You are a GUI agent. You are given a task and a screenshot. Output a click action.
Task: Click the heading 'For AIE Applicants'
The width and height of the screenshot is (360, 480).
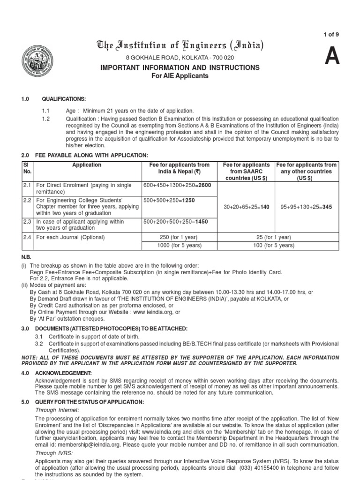pos(180,76)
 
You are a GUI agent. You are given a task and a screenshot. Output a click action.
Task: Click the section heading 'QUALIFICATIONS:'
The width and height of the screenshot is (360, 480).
pos(64,99)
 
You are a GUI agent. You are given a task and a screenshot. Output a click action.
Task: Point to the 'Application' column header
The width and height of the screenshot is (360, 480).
pos(87,165)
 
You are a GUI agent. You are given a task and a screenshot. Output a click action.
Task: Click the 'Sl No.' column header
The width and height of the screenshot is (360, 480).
pos(26,168)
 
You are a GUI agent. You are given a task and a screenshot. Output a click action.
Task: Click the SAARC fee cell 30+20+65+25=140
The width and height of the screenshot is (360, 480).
pos(247,207)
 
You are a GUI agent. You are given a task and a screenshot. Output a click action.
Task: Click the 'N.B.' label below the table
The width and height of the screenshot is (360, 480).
pos(26,257)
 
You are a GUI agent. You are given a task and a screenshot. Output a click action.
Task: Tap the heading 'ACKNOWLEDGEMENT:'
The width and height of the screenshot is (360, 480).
pos(62,374)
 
